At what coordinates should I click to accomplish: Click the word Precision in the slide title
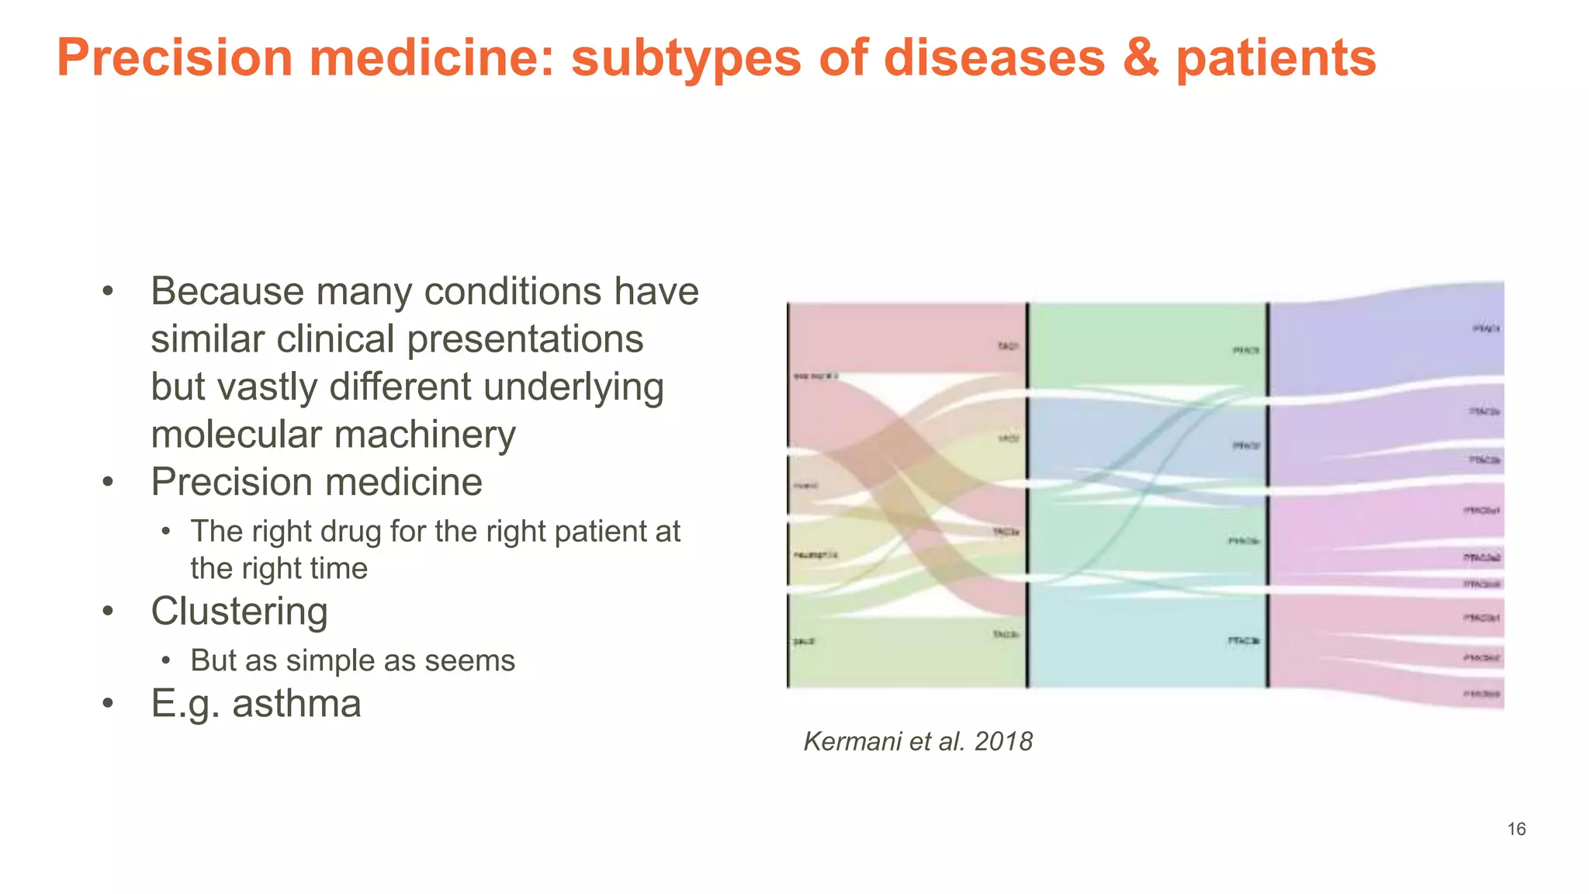coord(175,57)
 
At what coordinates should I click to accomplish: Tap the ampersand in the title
coord(1141,57)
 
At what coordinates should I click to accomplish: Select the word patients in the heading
coord(1276,59)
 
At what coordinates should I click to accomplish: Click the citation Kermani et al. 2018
coord(918,742)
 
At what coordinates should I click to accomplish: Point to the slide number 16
coord(1516,830)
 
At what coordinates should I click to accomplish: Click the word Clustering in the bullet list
coord(239,612)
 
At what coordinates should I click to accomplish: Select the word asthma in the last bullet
coord(296,704)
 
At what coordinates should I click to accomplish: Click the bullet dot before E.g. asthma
coord(108,704)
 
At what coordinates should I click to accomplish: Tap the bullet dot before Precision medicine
coord(108,482)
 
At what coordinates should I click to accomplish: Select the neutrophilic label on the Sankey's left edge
coord(815,555)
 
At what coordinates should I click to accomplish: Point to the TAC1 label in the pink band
coord(1007,346)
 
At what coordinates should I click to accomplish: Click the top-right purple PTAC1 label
coord(1486,329)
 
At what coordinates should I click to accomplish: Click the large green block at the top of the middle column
coord(1148,341)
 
